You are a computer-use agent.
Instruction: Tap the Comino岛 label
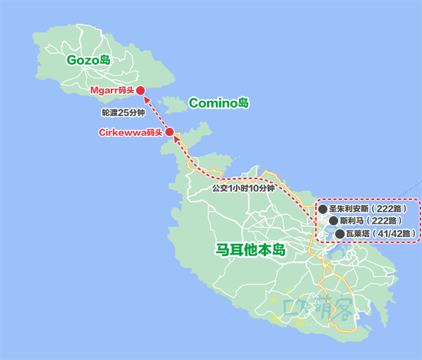coord(218,102)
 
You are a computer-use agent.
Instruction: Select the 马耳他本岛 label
coord(250,250)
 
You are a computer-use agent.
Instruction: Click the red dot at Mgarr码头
coord(141,90)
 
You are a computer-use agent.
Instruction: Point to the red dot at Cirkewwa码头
coord(169,132)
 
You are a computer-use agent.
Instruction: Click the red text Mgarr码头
coord(112,90)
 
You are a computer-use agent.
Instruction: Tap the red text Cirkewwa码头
coord(131,132)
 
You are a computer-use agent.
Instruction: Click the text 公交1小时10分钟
coord(244,188)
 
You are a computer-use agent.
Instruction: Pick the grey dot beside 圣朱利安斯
coord(323,208)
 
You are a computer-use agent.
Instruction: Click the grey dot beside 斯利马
coord(332,221)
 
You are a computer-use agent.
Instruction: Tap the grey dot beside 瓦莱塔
coord(339,233)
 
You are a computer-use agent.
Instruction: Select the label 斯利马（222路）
coord(371,221)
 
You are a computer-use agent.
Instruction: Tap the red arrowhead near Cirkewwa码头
coord(178,141)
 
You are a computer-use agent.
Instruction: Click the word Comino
coord(212,102)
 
